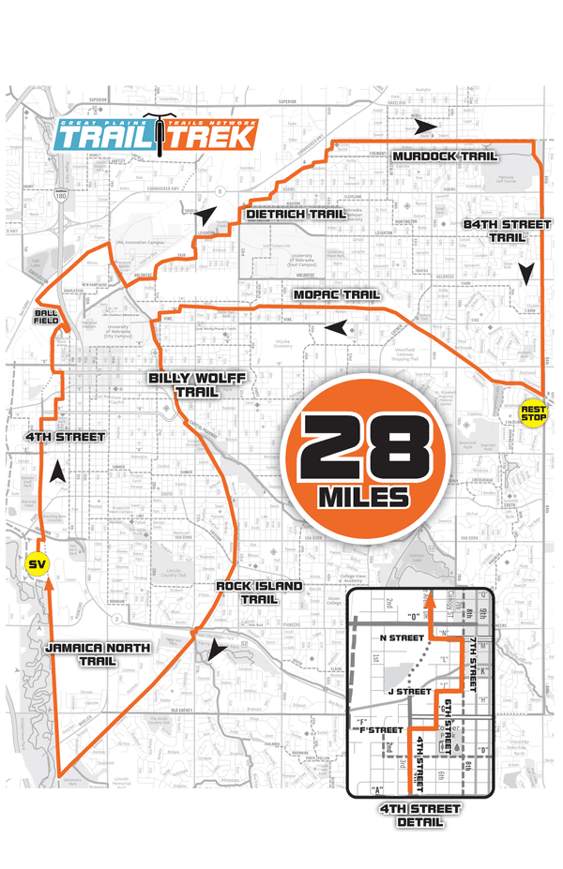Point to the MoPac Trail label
point(335,295)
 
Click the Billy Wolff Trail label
point(185,384)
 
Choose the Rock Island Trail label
point(246,592)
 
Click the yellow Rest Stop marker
point(533,412)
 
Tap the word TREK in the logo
point(212,137)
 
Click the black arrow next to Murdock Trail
point(428,126)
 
